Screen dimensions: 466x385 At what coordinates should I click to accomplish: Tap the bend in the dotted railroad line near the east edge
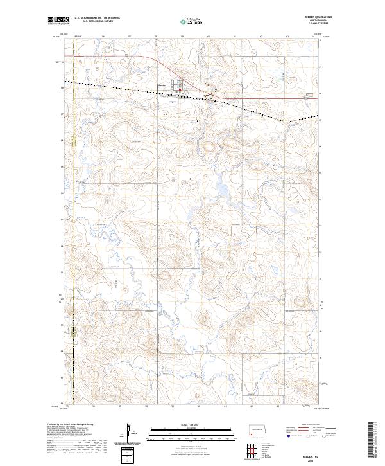click(288, 120)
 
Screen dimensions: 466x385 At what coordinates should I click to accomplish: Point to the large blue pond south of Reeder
click(221, 190)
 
